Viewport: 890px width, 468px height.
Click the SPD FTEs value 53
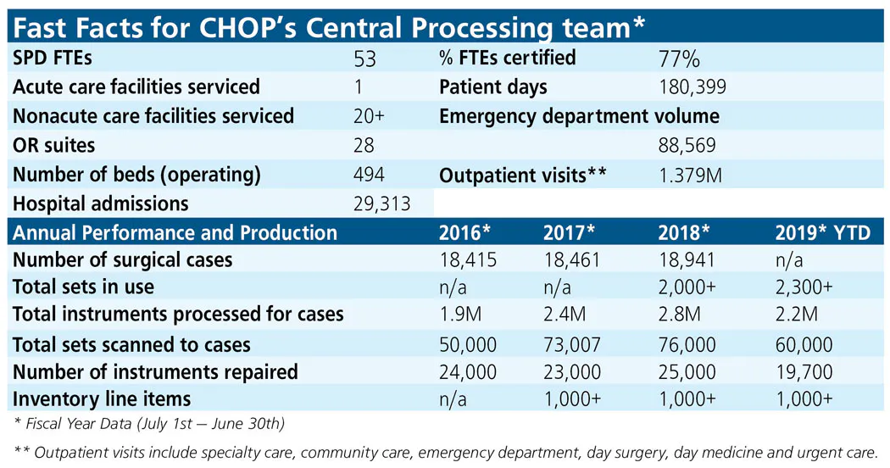point(364,59)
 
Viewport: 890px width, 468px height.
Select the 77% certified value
point(679,59)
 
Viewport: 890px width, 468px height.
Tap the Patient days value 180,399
point(693,87)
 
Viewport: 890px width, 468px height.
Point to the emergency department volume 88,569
point(687,146)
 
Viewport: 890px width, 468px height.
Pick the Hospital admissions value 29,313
point(381,204)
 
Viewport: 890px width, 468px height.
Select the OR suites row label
point(54,146)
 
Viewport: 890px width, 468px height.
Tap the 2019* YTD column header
point(822,233)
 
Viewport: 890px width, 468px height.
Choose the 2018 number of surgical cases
point(687,260)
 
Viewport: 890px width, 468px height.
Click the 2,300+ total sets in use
point(804,287)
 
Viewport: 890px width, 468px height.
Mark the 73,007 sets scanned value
point(572,344)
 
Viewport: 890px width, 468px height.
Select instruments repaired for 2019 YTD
point(804,371)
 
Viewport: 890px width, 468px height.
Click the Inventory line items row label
point(102,398)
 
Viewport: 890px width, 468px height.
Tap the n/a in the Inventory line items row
point(453,398)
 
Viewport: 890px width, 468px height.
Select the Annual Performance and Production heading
point(175,233)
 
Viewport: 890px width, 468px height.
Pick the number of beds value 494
point(369,175)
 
